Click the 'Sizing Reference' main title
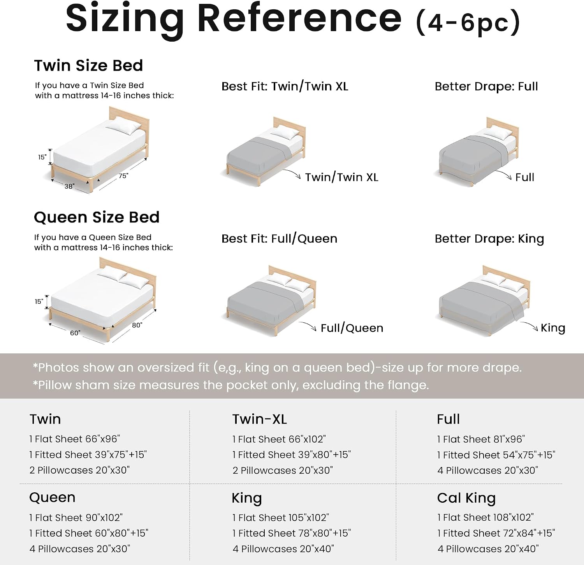(x=234, y=19)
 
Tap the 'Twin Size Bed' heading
(x=88, y=65)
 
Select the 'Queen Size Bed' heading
(x=97, y=217)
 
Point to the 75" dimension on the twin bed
(x=123, y=176)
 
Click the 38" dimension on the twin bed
(x=69, y=186)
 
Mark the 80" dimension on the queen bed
(x=137, y=325)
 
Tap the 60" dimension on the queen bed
(x=75, y=333)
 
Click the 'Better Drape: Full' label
(x=486, y=86)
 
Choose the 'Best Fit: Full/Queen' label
(x=279, y=238)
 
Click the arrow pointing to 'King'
(x=529, y=325)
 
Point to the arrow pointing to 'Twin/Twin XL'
(x=292, y=173)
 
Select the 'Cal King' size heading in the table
(x=466, y=498)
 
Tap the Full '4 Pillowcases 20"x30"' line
(x=487, y=471)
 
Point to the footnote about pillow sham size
(x=231, y=385)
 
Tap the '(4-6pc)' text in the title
(x=468, y=22)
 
